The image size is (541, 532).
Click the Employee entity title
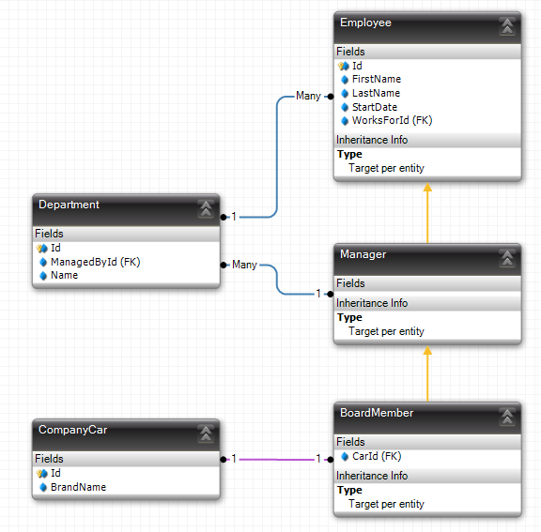tap(365, 23)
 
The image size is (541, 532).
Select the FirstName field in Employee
tap(377, 79)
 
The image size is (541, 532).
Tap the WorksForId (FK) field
tap(392, 121)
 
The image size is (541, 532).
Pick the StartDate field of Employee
tap(375, 107)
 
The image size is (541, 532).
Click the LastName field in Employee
tap(376, 93)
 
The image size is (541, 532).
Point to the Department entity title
tap(69, 205)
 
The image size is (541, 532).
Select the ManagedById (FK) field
tap(95, 262)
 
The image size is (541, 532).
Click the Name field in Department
tap(64, 275)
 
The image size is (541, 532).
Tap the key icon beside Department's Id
tap(41, 248)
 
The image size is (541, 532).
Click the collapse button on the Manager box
tap(507, 259)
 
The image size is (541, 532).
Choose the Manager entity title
tap(363, 254)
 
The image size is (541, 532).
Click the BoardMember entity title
tap(377, 413)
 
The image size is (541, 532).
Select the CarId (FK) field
tap(377, 457)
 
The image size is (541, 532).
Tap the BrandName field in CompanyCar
tap(78, 487)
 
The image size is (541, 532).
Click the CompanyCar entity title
tap(73, 430)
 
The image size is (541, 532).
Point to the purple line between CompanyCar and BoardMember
tap(277, 460)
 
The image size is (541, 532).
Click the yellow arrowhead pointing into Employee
tap(427, 187)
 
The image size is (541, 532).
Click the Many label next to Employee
tap(308, 96)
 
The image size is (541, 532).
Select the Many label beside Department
tap(244, 265)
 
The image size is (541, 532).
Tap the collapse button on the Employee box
tap(507, 27)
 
